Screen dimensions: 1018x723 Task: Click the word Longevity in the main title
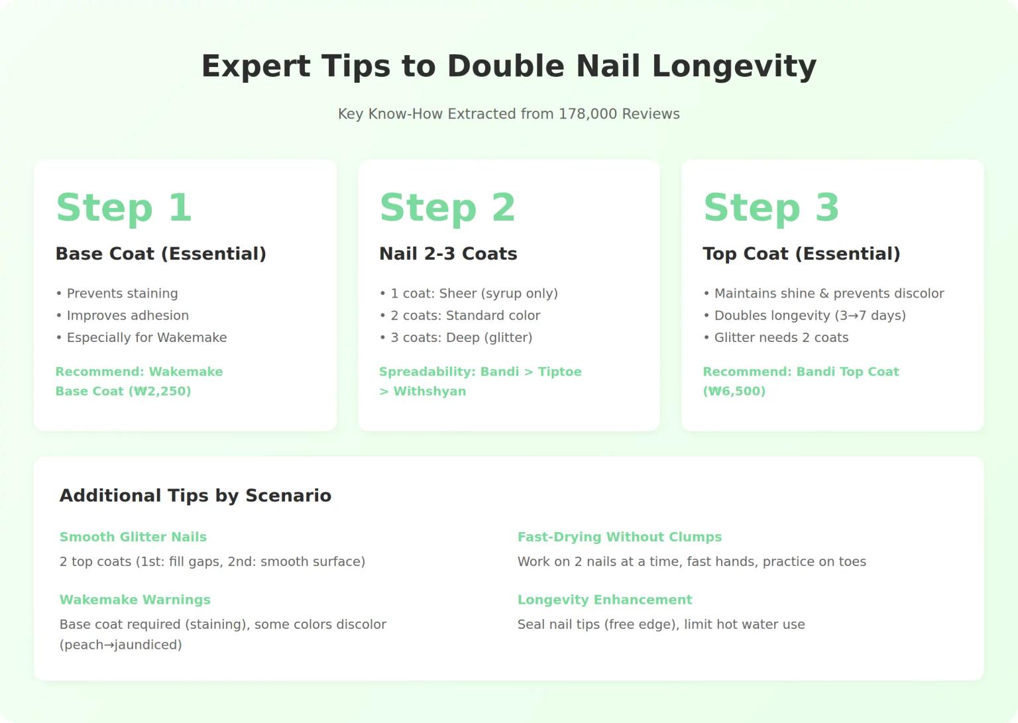click(x=734, y=67)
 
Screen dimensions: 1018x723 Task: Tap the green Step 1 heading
click(x=124, y=207)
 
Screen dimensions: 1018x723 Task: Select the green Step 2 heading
click(x=447, y=207)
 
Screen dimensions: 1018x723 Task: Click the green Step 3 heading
click(x=771, y=207)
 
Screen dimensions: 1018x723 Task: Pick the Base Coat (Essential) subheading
click(x=161, y=254)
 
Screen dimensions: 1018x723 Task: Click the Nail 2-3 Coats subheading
click(x=448, y=254)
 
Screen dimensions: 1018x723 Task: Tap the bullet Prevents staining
click(x=117, y=294)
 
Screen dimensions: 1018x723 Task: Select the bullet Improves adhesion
click(x=122, y=315)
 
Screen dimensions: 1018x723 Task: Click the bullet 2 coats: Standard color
click(x=461, y=315)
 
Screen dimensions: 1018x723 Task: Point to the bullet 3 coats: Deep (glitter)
click(x=456, y=337)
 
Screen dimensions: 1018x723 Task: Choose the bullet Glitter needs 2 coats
click(x=776, y=337)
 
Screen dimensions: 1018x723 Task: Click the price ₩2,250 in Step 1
click(x=160, y=391)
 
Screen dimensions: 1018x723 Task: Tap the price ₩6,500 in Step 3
click(x=734, y=391)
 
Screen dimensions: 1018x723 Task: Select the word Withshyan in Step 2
click(x=429, y=391)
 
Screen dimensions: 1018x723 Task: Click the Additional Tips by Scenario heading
click(x=196, y=495)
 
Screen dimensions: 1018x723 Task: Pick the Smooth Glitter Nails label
click(x=133, y=537)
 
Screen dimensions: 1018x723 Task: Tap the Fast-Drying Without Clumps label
click(x=620, y=537)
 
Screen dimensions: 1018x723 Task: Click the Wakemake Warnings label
click(x=135, y=600)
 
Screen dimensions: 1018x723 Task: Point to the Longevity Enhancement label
click(x=605, y=600)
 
